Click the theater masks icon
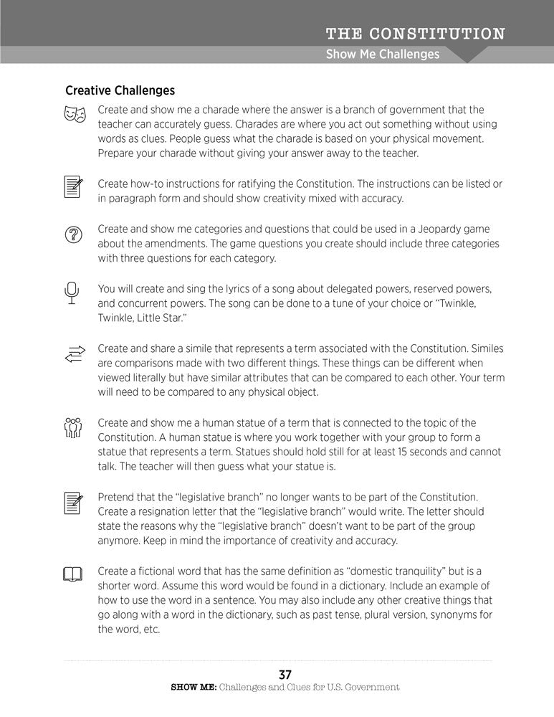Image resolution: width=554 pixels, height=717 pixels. (x=75, y=114)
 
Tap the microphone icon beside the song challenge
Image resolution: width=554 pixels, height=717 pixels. (x=71, y=293)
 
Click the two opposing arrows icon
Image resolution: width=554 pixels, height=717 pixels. (x=75, y=353)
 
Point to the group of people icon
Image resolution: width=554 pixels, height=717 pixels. (x=74, y=428)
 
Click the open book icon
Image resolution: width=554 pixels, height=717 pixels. (x=73, y=574)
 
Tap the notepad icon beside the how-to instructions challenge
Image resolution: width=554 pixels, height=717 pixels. (x=74, y=187)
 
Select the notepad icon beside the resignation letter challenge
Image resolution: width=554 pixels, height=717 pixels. (x=74, y=503)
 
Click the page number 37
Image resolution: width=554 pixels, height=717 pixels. (x=285, y=675)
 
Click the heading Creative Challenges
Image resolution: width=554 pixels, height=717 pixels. (x=120, y=91)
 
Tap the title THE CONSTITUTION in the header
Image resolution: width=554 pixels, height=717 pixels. (x=415, y=34)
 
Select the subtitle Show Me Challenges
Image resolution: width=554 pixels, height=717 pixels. (x=382, y=54)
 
